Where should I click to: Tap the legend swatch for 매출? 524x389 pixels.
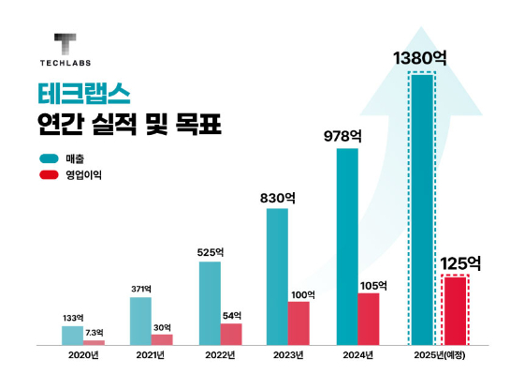pyautogui.click(x=48, y=158)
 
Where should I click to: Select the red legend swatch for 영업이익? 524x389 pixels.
pyautogui.click(x=48, y=174)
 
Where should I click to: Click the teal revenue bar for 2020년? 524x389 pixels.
pyautogui.click(x=72, y=336)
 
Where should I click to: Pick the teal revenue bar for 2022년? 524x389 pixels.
pyautogui.click(x=210, y=304)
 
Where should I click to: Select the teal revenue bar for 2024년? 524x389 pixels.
pyautogui.click(x=347, y=247)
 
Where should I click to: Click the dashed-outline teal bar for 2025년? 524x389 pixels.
pyautogui.click(x=422, y=209)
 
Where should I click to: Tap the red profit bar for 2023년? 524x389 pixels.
pyautogui.click(x=298, y=323)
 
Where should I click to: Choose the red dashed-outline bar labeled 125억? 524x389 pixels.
pyautogui.click(x=455, y=311)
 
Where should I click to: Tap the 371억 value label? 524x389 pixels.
pyautogui.click(x=141, y=287)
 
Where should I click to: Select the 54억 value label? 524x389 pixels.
pyautogui.click(x=231, y=314)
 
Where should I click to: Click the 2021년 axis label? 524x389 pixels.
pyautogui.click(x=152, y=356)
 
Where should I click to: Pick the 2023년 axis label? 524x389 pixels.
pyautogui.click(x=288, y=356)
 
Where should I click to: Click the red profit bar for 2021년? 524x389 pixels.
pyautogui.click(x=162, y=339)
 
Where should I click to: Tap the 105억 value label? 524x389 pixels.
pyautogui.click(x=370, y=284)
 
